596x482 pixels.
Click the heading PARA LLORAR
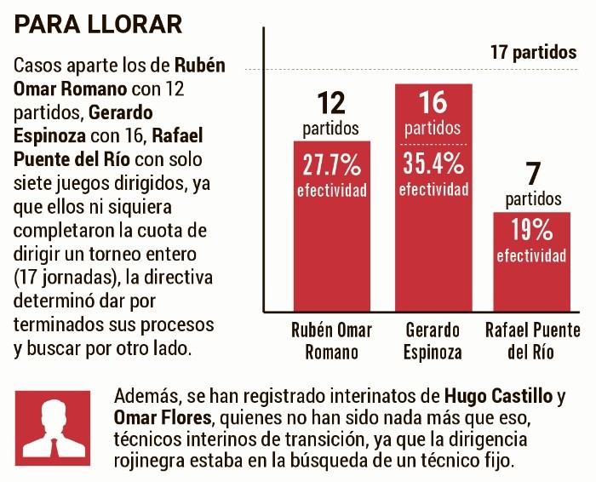coord(99,24)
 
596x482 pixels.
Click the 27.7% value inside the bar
coord(331,164)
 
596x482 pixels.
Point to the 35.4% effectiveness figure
coord(433,162)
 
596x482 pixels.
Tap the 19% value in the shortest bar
coord(532,230)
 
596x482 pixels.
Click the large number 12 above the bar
coord(331,104)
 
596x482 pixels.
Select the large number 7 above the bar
coord(533,175)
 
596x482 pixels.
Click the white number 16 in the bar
coord(433,103)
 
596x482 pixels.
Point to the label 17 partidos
coord(533,52)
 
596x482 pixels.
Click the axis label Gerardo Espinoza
coord(433,340)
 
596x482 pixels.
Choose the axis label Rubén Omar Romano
coord(331,340)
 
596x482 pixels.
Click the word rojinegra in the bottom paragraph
coord(150,461)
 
